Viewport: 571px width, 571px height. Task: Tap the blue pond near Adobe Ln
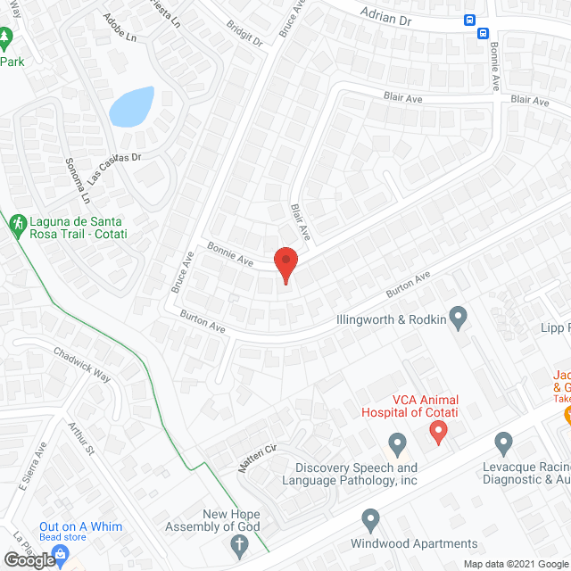tap(132, 107)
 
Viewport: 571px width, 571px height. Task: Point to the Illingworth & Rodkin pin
tap(458, 317)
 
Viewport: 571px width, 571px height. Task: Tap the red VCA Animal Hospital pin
tap(438, 432)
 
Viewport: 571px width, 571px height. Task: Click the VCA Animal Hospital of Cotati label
tap(410, 406)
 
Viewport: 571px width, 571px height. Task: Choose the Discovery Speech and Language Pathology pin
tap(398, 442)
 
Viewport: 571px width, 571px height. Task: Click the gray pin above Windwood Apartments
tap(372, 519)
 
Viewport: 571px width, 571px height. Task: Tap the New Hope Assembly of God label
tap(219, 520)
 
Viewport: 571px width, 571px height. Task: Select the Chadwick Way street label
tap(82, 364)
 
